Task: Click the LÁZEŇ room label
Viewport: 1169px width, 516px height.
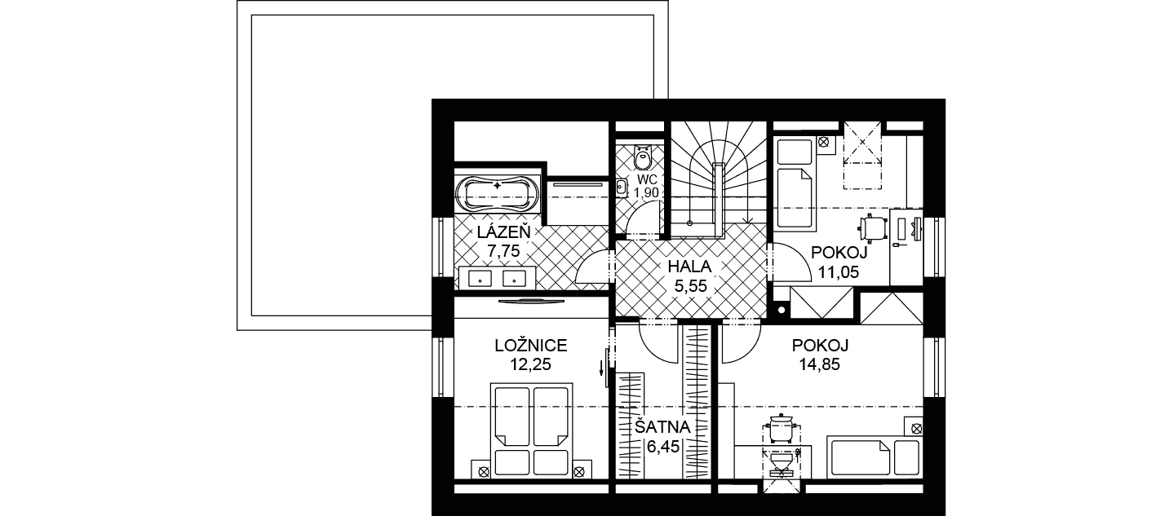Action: pos(503,232)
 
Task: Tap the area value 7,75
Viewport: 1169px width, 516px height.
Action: pos(503,251)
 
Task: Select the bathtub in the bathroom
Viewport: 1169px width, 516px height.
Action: pos(497,193)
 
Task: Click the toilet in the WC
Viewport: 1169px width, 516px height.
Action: pos(643,157)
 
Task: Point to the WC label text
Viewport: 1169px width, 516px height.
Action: pos(647,179)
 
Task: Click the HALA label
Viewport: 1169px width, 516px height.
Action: pos(690,267)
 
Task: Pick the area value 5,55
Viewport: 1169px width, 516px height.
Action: pos(690,286)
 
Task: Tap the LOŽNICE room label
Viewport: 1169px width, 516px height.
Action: pos(531,346)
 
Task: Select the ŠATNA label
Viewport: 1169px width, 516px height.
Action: pos(662,427)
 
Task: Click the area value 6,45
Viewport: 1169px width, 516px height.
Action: pos(662,447)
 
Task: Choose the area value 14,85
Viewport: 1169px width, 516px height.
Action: pos(820,364)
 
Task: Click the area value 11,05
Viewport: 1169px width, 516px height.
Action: pos(839,271)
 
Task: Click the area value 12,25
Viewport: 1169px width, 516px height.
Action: pos(531,364)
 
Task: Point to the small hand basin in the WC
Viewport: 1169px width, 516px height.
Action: pos(621,187)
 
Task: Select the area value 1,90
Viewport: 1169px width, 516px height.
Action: pos(646,192)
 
